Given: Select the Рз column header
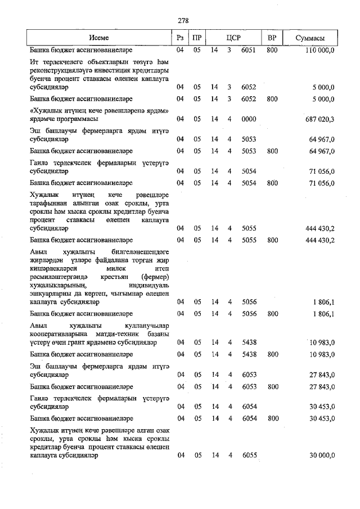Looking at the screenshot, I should (181, 38).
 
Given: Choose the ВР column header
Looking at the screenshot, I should (272, 38).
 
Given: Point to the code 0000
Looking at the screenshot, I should (249, 119).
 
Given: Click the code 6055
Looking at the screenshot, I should (249, 456).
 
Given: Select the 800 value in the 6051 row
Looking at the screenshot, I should (272, 51).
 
